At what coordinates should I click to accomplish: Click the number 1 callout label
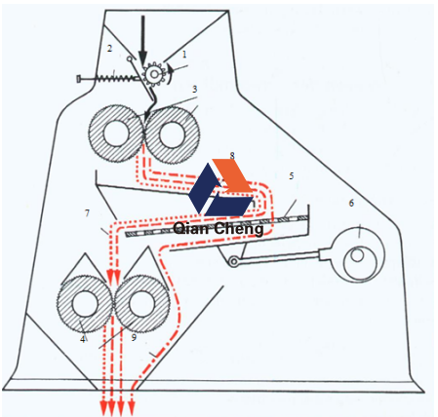coord(184,55)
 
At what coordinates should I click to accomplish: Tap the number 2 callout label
coord(109,49)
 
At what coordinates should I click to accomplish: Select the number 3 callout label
coord(194,89)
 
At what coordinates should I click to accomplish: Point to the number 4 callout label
coord(83,339)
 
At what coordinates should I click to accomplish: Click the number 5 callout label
coord(292,176)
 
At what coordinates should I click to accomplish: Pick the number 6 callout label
coord(351,203)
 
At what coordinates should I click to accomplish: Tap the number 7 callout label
coord(87,213)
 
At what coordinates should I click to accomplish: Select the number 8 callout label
coord(232,156)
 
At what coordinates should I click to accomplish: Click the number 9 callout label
coord(134,338)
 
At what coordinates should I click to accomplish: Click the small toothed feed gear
coord(154,75)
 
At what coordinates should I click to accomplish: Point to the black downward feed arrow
coord(142,40)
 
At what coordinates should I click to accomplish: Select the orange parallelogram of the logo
coord(231,175)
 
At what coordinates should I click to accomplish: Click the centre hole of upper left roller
coord(116,133)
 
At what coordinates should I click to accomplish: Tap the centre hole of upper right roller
coord(173,133)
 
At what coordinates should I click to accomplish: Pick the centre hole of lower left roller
coord(85,303)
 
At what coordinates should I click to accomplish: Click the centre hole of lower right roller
coord(141,304)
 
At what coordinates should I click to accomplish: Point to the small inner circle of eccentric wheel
coord(357,255)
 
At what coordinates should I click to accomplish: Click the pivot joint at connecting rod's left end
coord(233,261)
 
